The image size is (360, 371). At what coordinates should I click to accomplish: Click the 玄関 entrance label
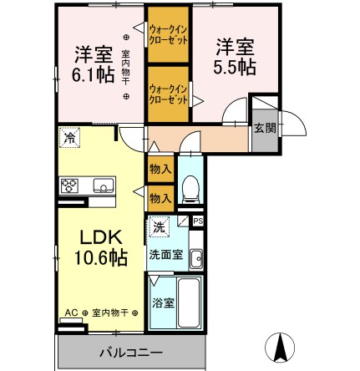click(x=266, y=128)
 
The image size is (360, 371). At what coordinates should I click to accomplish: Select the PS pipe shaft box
click(x=198, y=221)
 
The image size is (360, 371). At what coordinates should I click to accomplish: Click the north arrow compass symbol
click(x=280, y=348)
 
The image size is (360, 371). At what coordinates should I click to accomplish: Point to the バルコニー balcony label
click(x=131, y=353)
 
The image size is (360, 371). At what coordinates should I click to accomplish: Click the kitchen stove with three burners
click(x=69, y=185)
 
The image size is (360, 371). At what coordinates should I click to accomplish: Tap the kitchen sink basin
click(x=104, y=185)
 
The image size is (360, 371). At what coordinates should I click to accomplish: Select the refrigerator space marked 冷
click(x=69, y=137)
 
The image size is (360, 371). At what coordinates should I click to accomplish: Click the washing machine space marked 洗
click(x=159, y=227)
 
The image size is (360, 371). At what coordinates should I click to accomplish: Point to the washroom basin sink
click(x=196, y=259)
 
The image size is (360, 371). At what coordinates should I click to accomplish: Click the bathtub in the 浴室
click(x=189, y=302)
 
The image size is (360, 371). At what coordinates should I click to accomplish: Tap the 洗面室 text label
click(x=166, y=255)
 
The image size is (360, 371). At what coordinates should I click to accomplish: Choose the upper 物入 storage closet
click(x=160, y=169)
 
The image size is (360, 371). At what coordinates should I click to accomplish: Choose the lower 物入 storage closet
click(x=160, y=199)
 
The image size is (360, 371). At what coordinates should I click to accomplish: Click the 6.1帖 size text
click(x=93, y=74)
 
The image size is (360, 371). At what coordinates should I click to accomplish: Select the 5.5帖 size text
click(x=235, y=67)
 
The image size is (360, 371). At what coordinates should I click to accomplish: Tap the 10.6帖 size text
click(x=100, y=257)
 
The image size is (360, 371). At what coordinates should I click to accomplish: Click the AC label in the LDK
click(x=71, y=313)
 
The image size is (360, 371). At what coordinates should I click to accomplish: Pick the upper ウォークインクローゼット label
click(x=168, y=35)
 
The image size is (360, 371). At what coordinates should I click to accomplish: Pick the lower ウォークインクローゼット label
click(x=168, y=94)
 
